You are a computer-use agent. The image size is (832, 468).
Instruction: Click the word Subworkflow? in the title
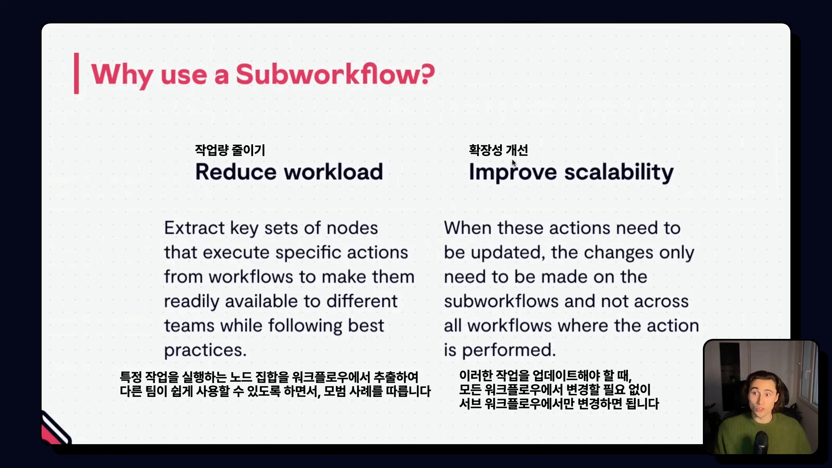click(x=335, y=74)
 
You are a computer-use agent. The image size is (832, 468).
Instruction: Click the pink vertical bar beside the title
click(x=76, y=73)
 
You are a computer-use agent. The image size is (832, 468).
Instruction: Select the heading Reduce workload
click(x=289, y=172)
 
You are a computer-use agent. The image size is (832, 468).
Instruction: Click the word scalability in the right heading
click(x=619, y=173)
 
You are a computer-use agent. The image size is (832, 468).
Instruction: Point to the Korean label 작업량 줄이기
click(x=230, y=150)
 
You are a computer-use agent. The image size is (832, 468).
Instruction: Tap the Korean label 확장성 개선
click(x=498, y=150)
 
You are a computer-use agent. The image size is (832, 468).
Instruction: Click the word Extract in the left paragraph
click(x=194, y=228)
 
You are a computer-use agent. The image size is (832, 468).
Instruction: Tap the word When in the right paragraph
click(x=468, y=228)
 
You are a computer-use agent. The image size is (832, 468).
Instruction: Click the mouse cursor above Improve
click(x=514, y=163)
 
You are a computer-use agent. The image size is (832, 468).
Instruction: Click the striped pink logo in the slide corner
click(x=55, y=428)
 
